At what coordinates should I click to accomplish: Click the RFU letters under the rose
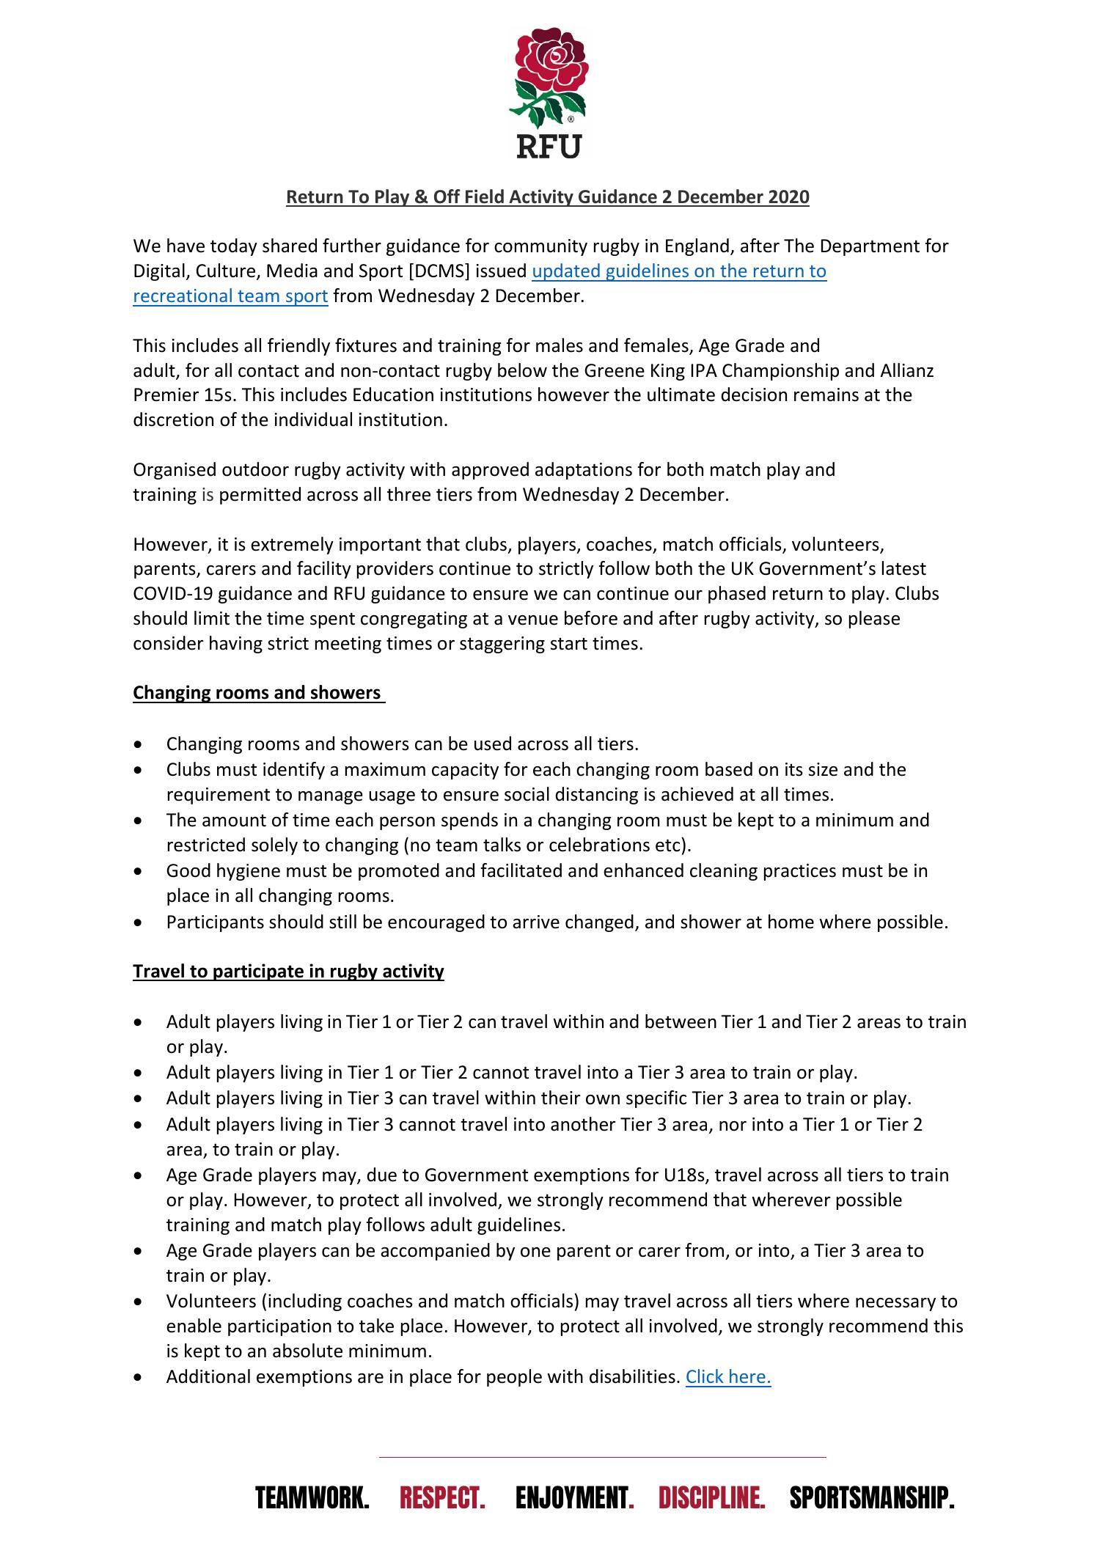pos(549,146)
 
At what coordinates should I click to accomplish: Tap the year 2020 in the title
pos(788,197)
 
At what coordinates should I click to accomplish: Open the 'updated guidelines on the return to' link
pos(678,271)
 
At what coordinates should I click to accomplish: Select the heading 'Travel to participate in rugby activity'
pos(288,971)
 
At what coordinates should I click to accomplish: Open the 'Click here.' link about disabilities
pos(727,1376)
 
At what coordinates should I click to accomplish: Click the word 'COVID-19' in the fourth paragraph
pos(167,593)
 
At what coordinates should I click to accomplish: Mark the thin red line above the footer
pos(601,1457)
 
